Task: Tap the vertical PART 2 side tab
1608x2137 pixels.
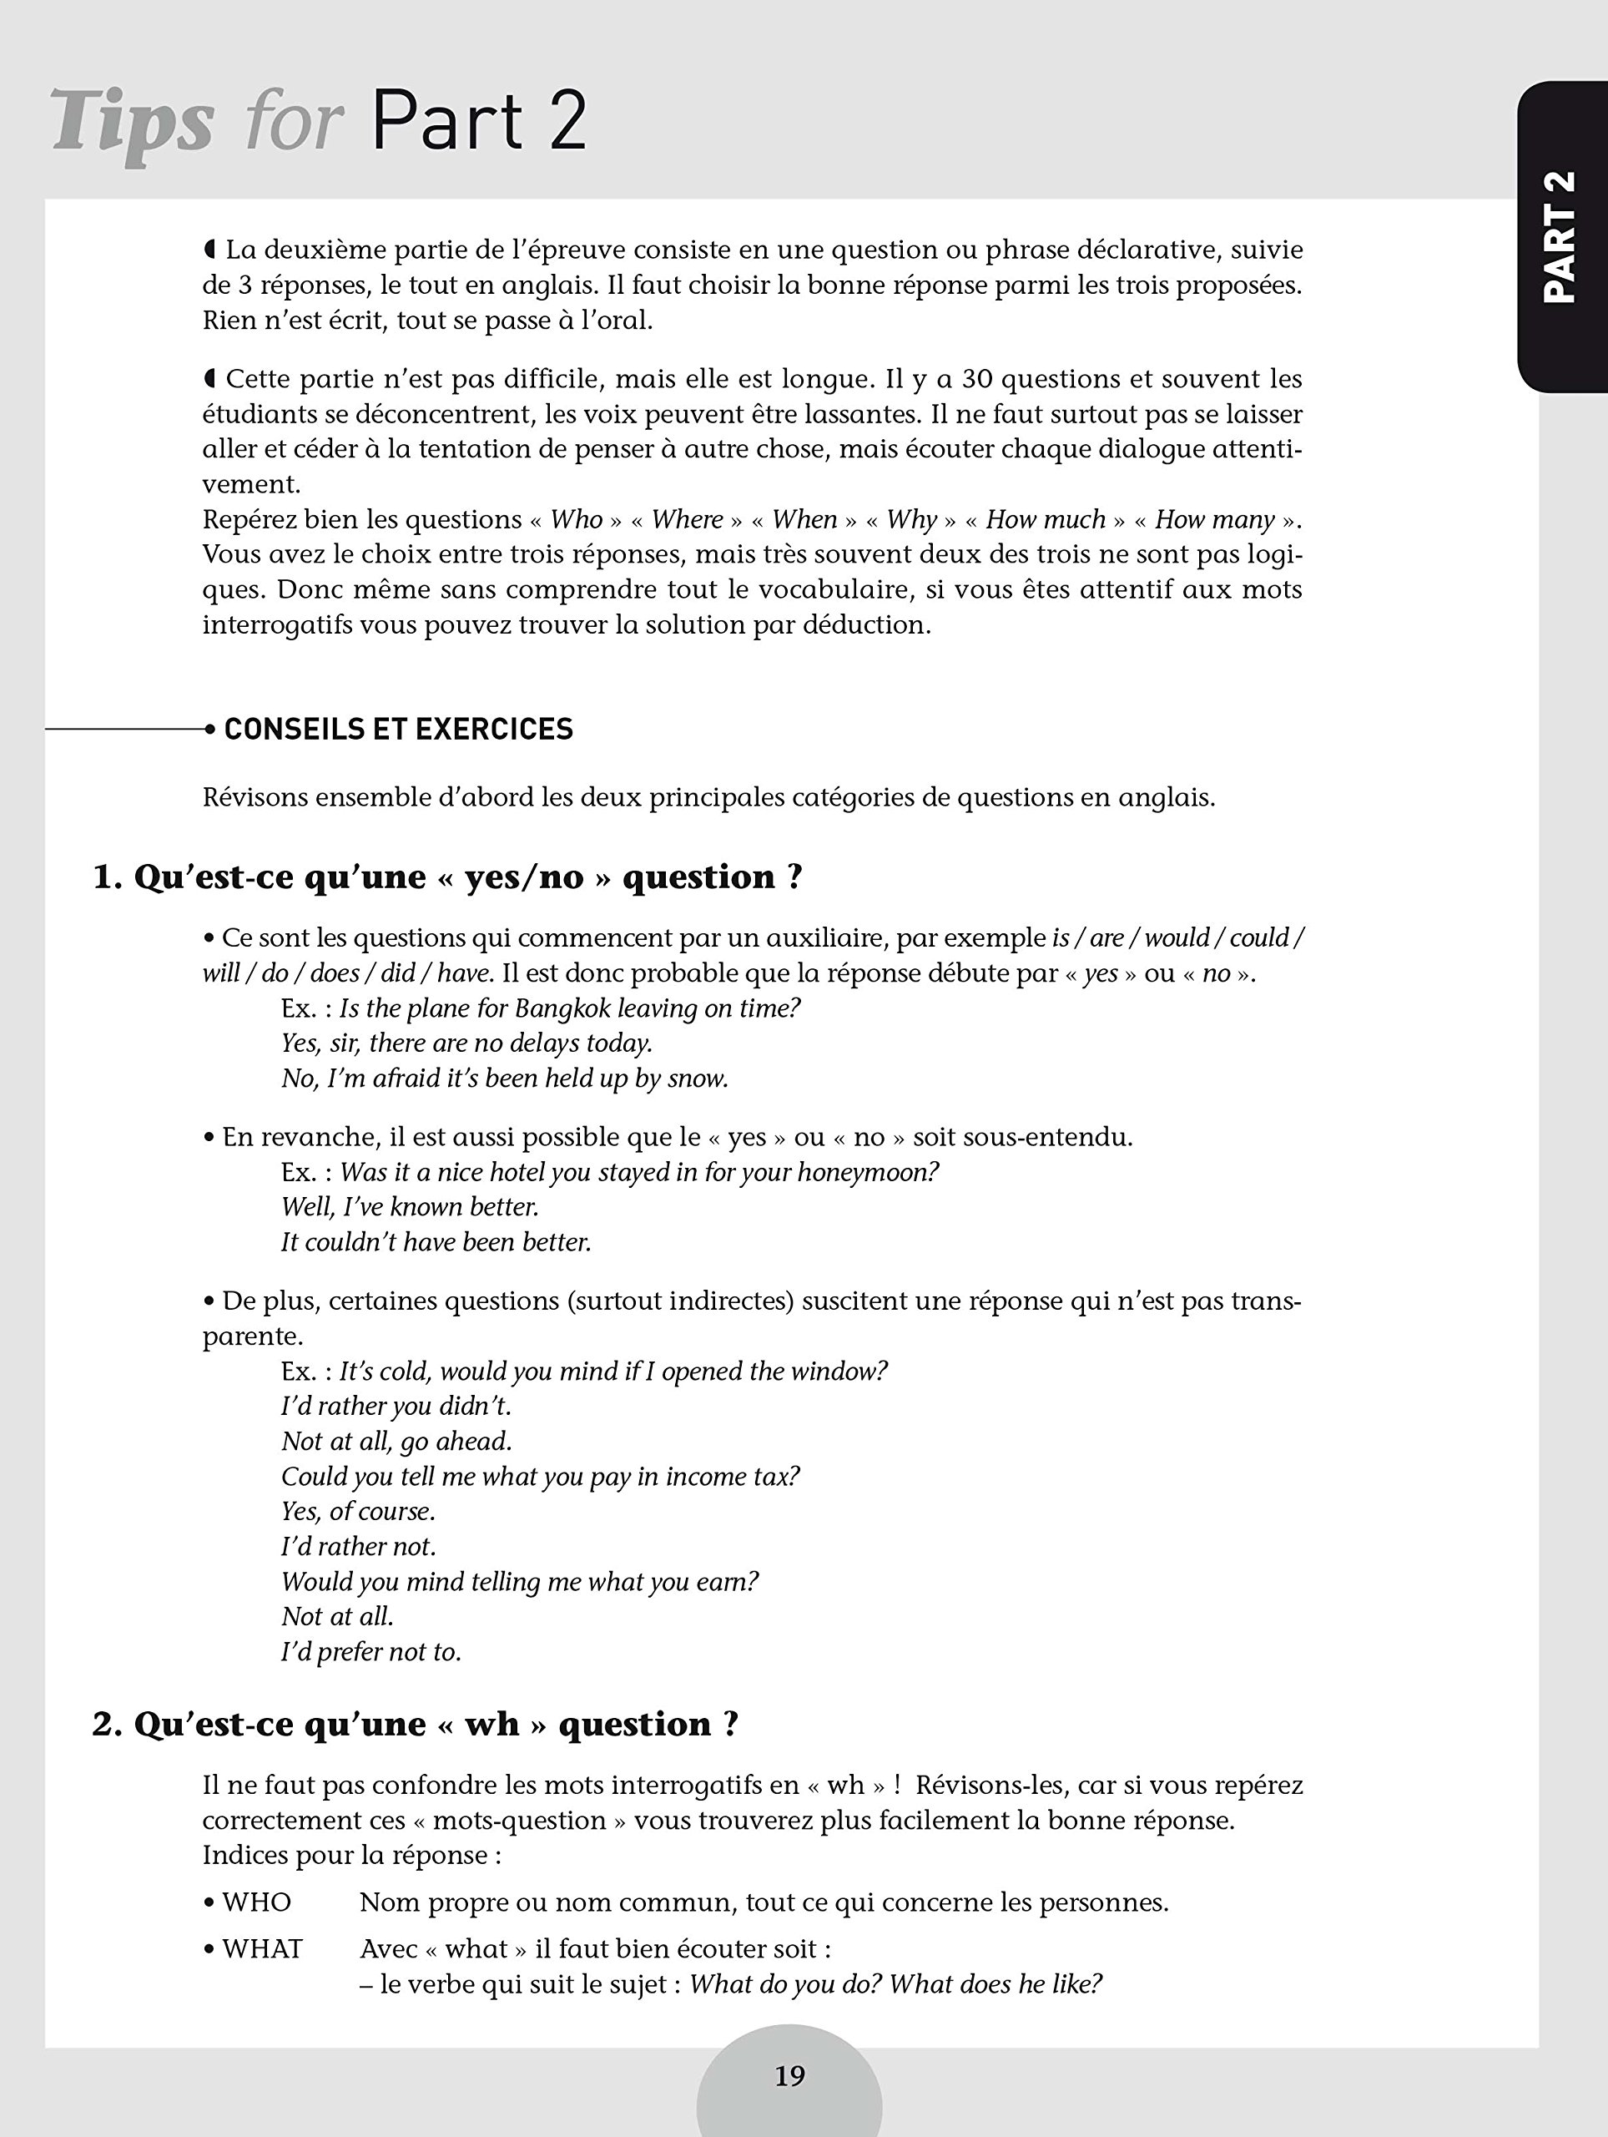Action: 1560,237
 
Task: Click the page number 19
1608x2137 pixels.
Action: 789,2075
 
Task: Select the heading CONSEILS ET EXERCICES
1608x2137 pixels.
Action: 398,730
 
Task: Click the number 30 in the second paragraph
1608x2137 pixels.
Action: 976,379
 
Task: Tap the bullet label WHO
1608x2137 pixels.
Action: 256,1902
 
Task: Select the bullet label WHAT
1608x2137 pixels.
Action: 262,1948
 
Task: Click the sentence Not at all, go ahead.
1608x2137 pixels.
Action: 396,1442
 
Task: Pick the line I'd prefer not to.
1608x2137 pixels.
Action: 370,1652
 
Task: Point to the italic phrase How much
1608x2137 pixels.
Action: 1045,520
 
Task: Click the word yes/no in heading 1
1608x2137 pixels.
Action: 524,877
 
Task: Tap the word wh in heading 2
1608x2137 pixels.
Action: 491,1725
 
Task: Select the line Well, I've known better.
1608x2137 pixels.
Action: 410,1206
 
